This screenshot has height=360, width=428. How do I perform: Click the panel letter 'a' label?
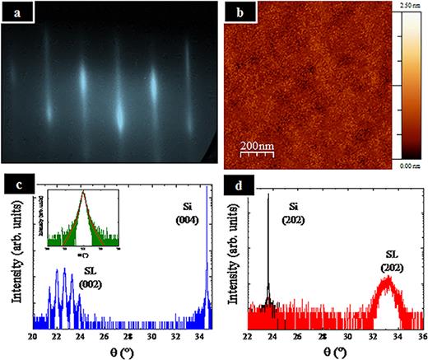(12, 14)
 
